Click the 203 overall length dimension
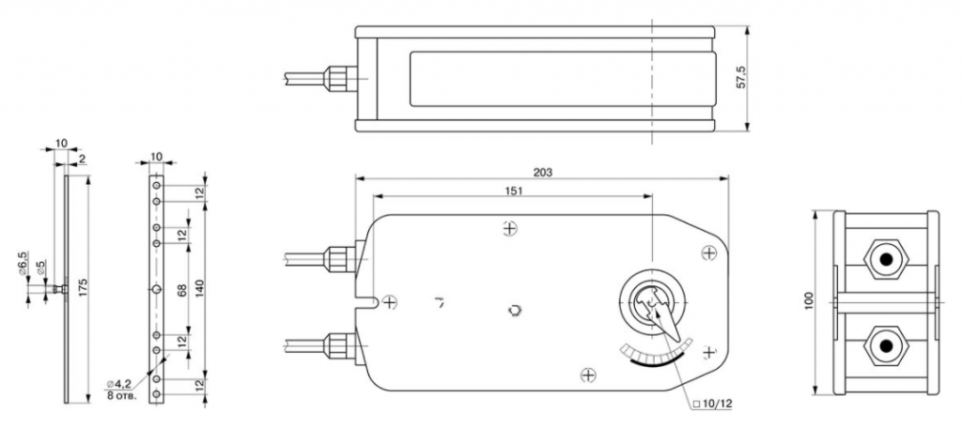point(542,172)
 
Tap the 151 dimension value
point(514,191)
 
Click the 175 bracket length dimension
point(84,288)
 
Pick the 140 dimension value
point(199,288)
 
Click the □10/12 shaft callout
point(712,404)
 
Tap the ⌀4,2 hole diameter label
point(118,384)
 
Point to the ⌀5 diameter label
point(40,267)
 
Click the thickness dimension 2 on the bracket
point(83,159)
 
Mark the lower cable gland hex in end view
point(885,345)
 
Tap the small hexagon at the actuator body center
point(515,311)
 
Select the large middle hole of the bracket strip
point(157,289)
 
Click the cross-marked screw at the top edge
point(509,229)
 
